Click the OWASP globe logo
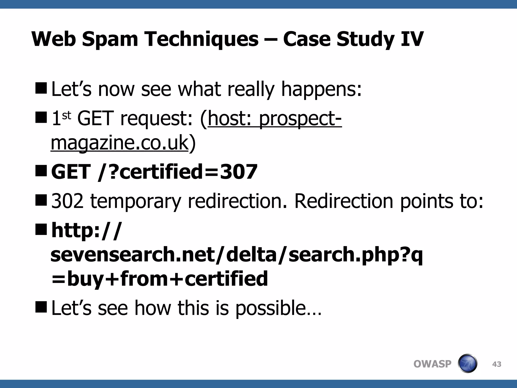[467, 363]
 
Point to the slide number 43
[497, 364]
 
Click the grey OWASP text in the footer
[432, 364]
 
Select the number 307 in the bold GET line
[239, 172]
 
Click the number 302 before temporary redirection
[67, 201]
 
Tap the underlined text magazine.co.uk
[119, 143]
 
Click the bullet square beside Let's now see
[41, 88]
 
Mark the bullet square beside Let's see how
[41, 306]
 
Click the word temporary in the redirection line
[136, 202]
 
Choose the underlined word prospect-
[300, 119]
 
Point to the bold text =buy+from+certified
[160, 279]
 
